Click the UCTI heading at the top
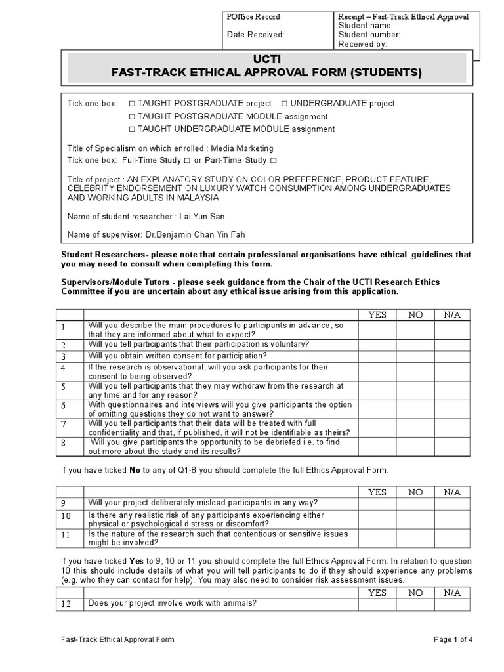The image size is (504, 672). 266,58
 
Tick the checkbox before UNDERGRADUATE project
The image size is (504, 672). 284,104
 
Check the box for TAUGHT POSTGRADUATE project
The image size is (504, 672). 132,104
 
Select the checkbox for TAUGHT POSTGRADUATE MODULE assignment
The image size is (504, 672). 132,116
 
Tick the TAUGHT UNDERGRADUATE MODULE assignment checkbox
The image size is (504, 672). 132,129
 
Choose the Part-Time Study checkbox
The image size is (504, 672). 273,161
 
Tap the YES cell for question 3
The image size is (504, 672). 377,356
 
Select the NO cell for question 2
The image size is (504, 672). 415,345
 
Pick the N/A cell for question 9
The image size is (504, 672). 452,505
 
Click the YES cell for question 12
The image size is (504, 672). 377,604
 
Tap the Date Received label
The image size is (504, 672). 256,35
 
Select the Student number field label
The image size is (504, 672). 369,35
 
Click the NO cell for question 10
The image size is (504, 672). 415,520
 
